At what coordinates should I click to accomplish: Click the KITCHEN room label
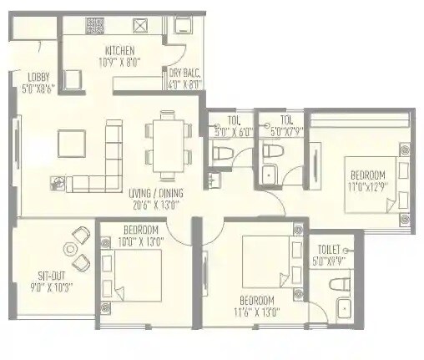click(x=119, y=50)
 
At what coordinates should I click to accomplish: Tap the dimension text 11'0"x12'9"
click(x=367, y=187)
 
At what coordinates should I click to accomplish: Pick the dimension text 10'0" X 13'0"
click(x=141, y=241)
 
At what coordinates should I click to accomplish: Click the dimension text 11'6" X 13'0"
click(x=258, y=312)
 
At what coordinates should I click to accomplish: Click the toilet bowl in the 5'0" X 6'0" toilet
click(x=222, y=155)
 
